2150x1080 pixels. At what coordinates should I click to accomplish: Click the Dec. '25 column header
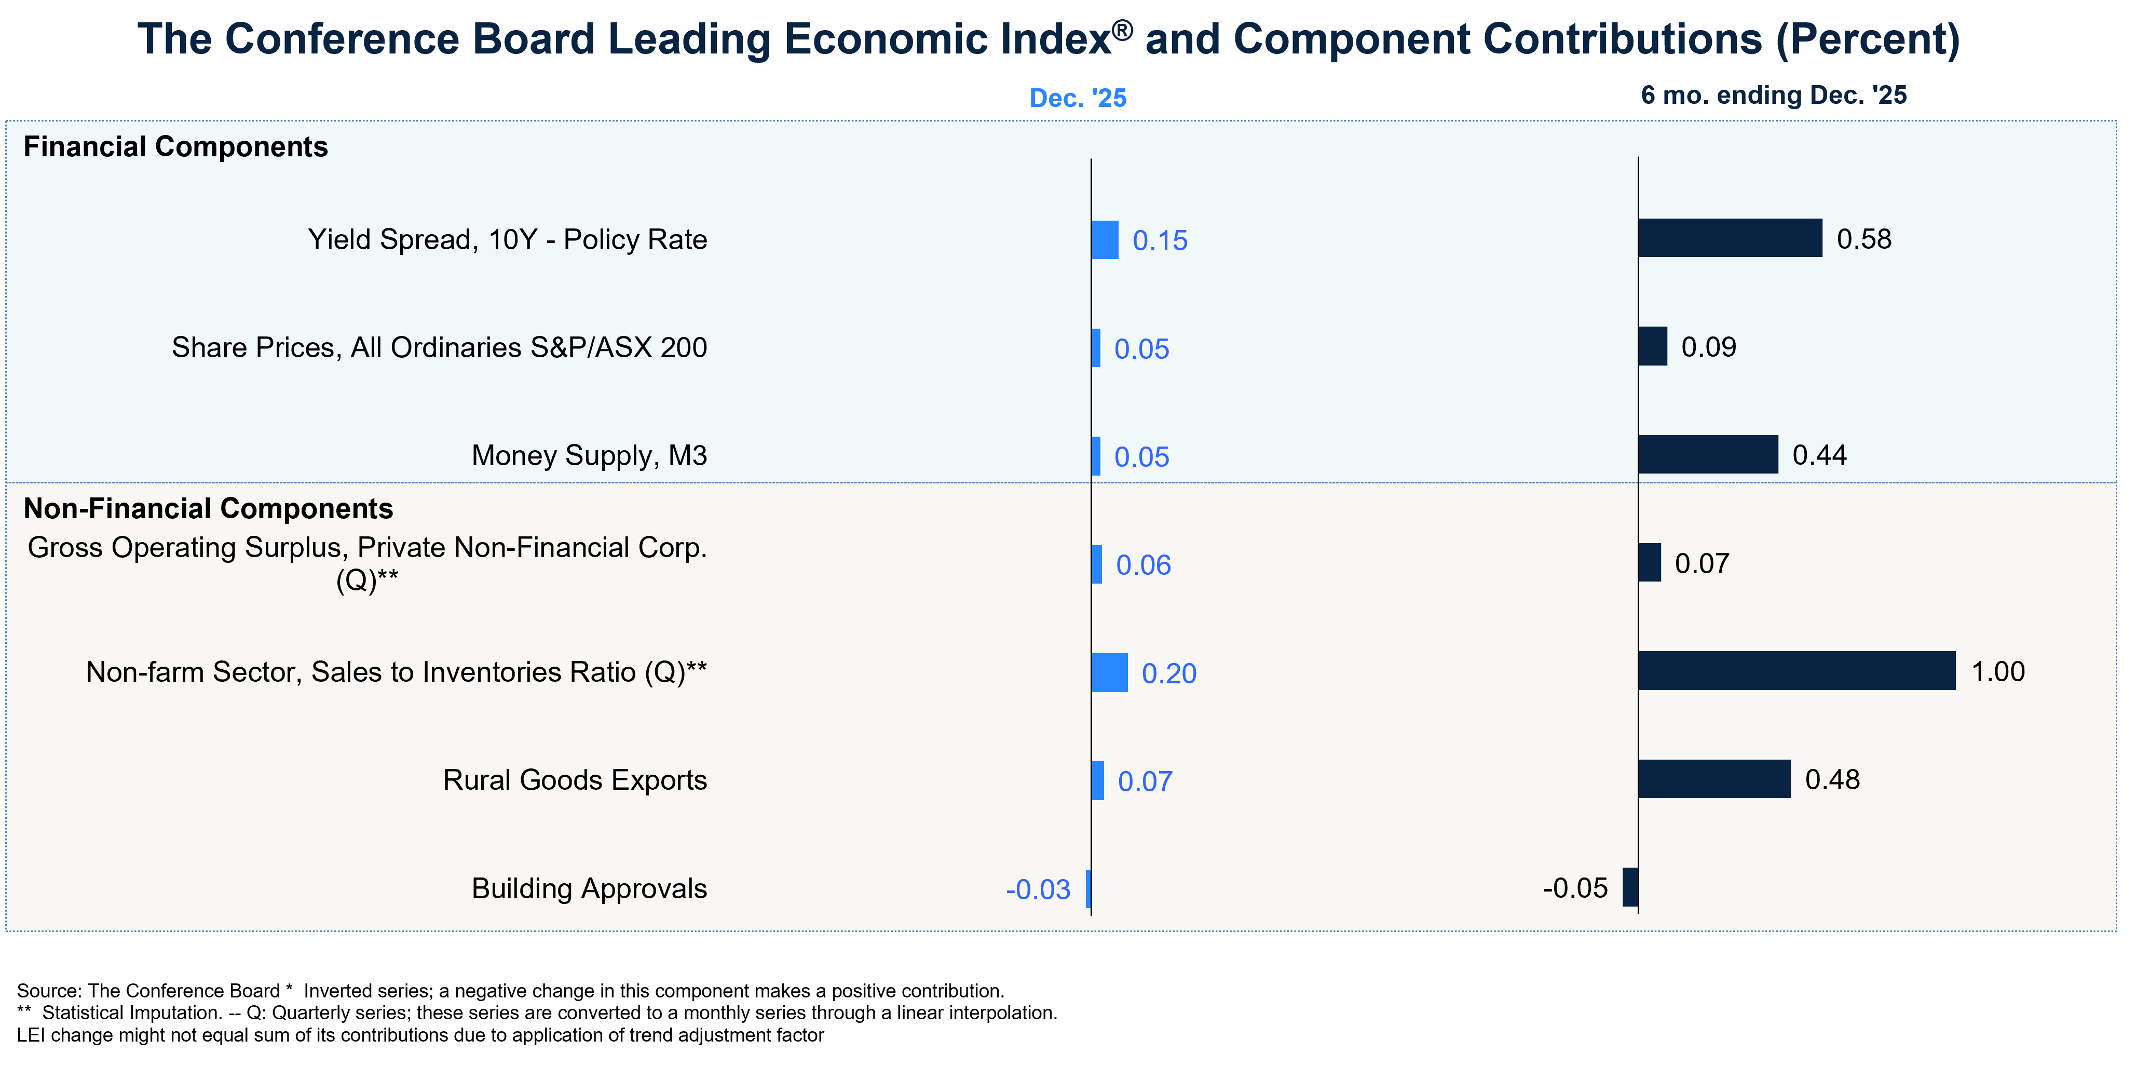click(x=1078, y=99)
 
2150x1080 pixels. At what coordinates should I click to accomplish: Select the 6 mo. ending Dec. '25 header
click(x=1774, y=95)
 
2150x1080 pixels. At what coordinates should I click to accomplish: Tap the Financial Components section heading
click(x=175, y=147)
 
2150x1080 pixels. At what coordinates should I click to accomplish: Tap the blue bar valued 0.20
click(x=1110, y=673)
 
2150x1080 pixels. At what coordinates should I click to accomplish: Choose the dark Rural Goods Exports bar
click(x=1714, y=779)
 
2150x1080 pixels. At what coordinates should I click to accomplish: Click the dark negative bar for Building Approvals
click(x=1630, y=887)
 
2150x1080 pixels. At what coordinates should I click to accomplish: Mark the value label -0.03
click(x=1038, y=890)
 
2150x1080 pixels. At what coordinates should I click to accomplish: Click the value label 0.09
click(x=1708, y=347)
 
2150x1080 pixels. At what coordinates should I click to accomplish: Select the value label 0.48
click(x=1832, y=779)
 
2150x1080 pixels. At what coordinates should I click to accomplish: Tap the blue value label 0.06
click(x=1144, y=565)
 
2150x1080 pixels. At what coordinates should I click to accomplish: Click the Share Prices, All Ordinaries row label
click(x=439, y=347)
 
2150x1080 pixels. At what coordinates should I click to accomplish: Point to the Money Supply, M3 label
click(x=589, y=456)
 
